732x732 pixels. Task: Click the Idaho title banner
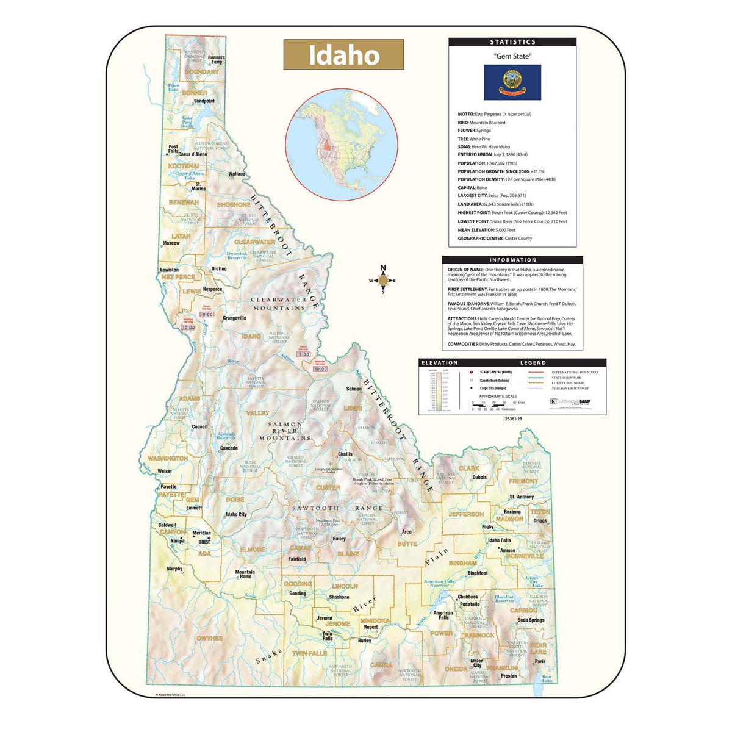click(343, 55)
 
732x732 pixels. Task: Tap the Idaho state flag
click(512, 82)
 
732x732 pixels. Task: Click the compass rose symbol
click(383, 281)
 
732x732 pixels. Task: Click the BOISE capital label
click(204, 542)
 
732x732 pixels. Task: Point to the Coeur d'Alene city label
click(192, 154)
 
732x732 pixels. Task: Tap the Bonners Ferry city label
click(217, 60)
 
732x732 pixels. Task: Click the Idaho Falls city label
click(499, 540)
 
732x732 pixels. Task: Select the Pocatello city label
click(470, 604)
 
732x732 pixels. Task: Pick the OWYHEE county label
click(209, 638)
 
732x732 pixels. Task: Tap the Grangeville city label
click(234, 318)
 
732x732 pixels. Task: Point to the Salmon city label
click(354, 389)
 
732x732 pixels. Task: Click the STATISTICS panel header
click(512, 42)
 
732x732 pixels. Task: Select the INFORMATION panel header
click(512, 260)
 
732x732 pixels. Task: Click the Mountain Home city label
click(245, 574)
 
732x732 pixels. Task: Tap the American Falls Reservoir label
click(439, 583)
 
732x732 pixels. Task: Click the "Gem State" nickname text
click(512, 56)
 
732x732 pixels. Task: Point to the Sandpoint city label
click(204, 101)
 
